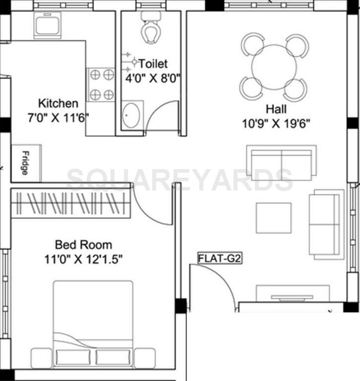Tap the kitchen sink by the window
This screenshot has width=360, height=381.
pyautogui.click(x=48, y=25)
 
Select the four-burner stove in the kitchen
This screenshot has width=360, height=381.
pyautogui.click(x=101, y=84)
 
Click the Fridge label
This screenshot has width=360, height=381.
pyautogui.click(x=25, y=163)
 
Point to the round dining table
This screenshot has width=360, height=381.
pyautogui.click(x=274, y=67)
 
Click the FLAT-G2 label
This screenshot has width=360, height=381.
pyautogui.click(x=219, y=258)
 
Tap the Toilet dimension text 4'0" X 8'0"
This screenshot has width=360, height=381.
pyautogui.click(x=152, y=78)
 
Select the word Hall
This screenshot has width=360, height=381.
pyautogui.click(x=276, y=109)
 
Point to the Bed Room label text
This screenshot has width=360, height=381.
pyautogui.click(x=83, y=245)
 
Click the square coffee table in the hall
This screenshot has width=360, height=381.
pyautogui.click(x=273, y=217)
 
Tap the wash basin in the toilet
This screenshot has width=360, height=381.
pyautogui.click(x=132, y=116)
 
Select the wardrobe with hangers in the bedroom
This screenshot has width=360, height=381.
pyautogui.click(x=70, y=203)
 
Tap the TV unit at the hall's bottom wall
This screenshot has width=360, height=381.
pyautogui.click(x=292, y=294)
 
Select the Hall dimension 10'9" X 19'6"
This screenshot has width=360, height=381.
pyautogui.click(x=276, y=124)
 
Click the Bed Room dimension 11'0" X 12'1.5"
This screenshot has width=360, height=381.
pyautogui.click(x=88, y=259)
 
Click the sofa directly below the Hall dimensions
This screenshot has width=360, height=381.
pyautogui.click(x=281, y=163)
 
